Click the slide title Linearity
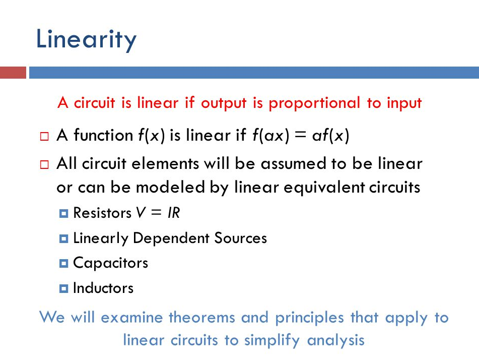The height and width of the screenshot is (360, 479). (86, 40)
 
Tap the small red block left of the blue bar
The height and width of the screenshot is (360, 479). (13, 73)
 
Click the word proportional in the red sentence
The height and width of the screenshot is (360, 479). (314, 103)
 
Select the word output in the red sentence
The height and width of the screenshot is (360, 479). (224, 103)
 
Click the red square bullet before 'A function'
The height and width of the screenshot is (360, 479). (44, 136)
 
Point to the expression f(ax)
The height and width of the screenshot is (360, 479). (270, 135)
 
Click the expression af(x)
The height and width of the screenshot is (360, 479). (330, 135)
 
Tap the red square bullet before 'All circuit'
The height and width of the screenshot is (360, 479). (44, 164)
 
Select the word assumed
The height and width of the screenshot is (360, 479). (293, 164)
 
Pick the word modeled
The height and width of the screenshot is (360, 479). (170, 187)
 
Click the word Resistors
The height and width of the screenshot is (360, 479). (102, 213)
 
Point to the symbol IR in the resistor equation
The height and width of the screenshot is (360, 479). (174, 213)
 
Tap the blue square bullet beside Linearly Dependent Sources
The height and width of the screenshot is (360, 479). (63, 238)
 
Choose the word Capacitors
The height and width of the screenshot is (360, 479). (111, 263)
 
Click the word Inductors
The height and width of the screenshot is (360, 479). (103, 288)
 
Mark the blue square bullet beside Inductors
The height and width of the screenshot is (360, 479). (63, 288)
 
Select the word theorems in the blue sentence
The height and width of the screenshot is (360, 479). (201, 317)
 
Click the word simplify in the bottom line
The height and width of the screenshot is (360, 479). (272, 340)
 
